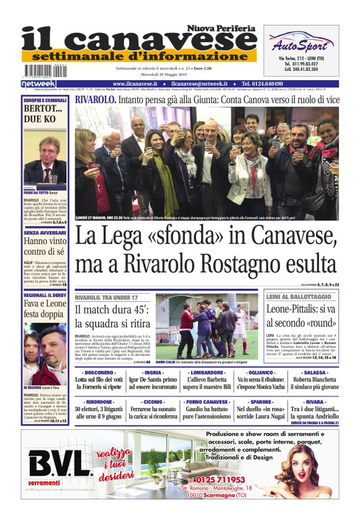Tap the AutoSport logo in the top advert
coord(300,43)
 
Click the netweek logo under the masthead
coord(38,84)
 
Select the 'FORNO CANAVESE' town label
coord(205,402)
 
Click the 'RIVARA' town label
coord(315,402)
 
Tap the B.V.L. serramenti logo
coord(60,465)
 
